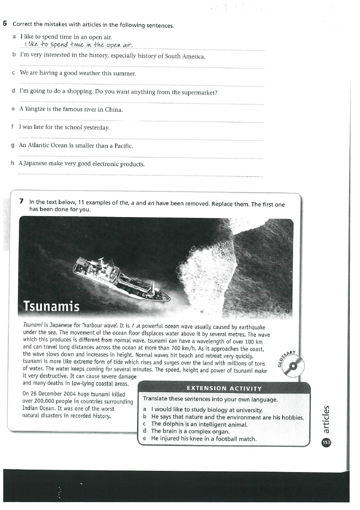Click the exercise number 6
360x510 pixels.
5,24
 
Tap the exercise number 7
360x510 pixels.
22,201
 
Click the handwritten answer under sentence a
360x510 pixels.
78,44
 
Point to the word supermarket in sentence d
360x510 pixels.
198,92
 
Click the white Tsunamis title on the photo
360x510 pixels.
51,306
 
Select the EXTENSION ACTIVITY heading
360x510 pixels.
224,389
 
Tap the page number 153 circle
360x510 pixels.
326,442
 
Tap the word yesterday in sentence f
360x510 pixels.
96,127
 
